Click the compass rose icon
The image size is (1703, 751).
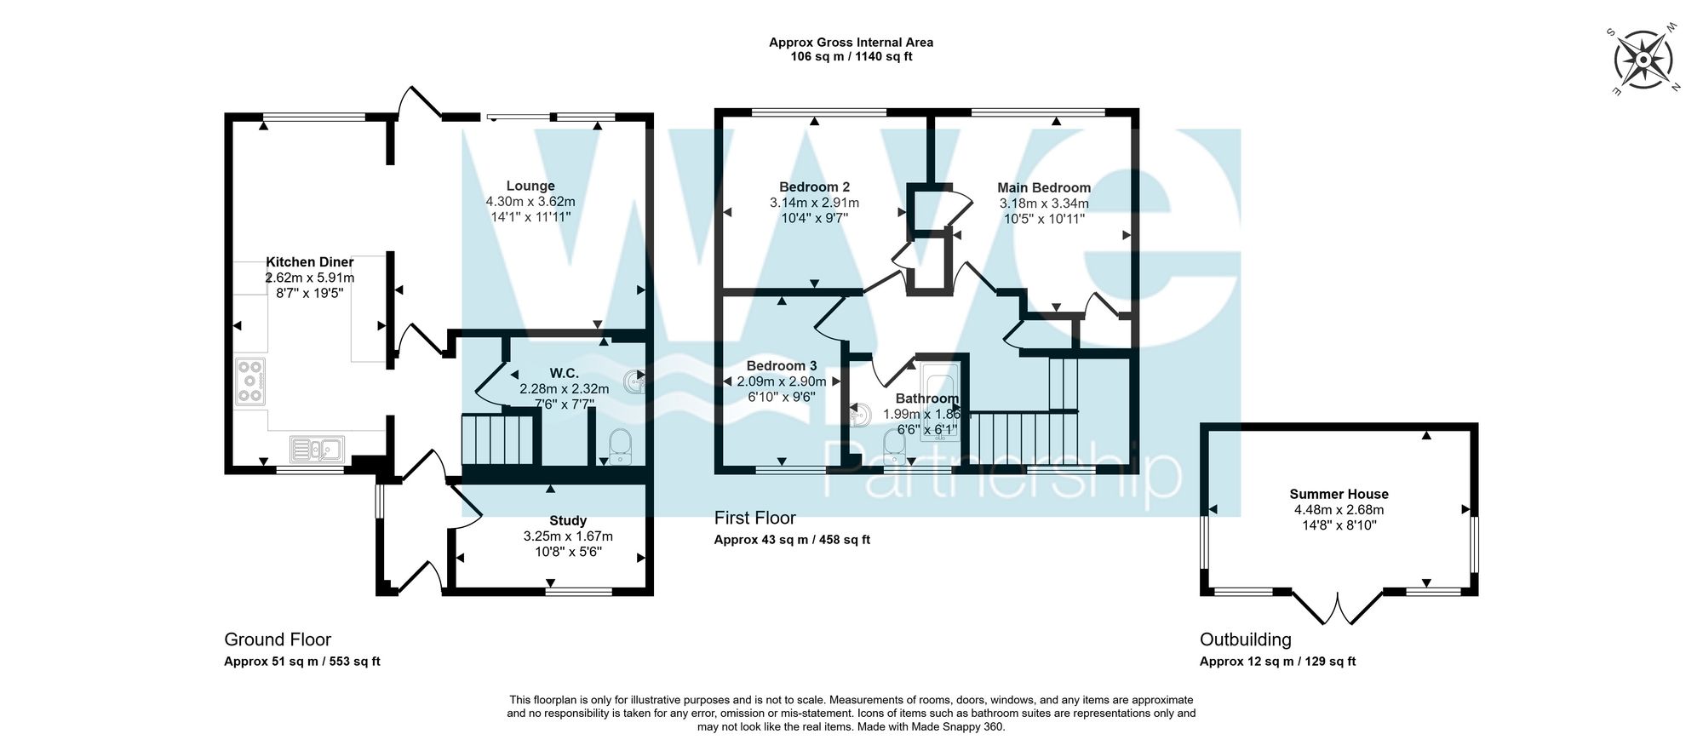(1643, 60)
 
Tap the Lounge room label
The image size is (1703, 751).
(530, 186)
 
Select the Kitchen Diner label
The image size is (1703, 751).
(310, 262)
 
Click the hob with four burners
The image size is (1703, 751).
(250, 381)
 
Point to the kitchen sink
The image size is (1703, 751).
(317, 448)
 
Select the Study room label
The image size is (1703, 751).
(568, 520)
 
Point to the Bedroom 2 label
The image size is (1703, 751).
(814, 186)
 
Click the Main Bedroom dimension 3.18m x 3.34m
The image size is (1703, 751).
(1044, 204)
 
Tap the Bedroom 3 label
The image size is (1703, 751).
(782, 366)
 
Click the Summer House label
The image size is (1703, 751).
(1339, 494)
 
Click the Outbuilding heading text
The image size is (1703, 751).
(1245, 639)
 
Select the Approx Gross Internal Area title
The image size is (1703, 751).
(851, 42)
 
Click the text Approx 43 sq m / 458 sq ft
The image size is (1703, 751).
(792, 540)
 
